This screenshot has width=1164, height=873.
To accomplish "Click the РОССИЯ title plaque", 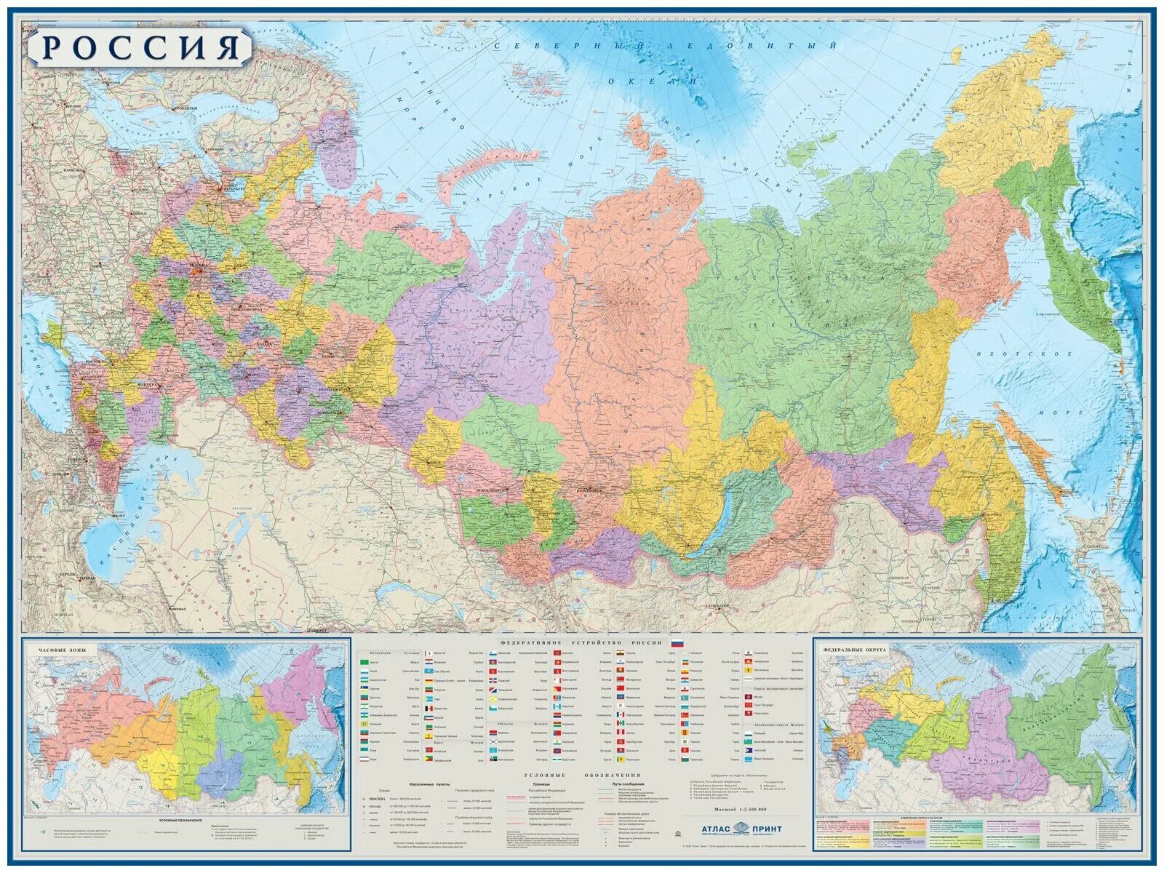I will tap(141, 47).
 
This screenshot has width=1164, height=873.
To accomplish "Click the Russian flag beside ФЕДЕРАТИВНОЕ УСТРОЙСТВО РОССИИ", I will tap(676, 643).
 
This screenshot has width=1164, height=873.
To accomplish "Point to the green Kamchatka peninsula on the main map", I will tap(1091, 276).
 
